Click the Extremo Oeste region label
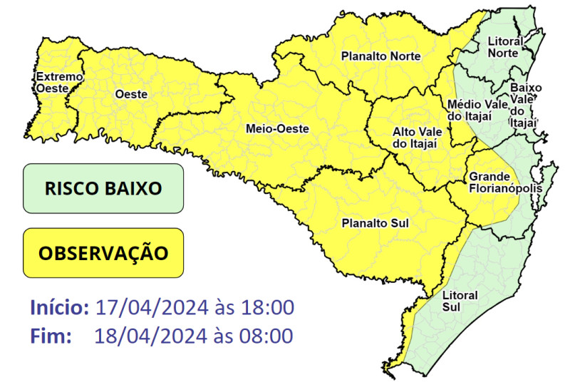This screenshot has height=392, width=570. point(59,82)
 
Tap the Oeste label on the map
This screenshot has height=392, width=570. point(130,94)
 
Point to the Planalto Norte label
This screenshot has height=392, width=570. point(380,56)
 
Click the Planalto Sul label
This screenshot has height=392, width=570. point(375,223)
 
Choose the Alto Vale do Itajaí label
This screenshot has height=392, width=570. point(418,138)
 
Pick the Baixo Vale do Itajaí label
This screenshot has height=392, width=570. point(526,105)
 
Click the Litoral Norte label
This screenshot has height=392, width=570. point(505,48)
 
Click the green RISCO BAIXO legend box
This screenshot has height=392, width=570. point(103,189)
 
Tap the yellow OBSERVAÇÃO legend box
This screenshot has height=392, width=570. point(103,253)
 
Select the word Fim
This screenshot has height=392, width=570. point(51,336)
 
